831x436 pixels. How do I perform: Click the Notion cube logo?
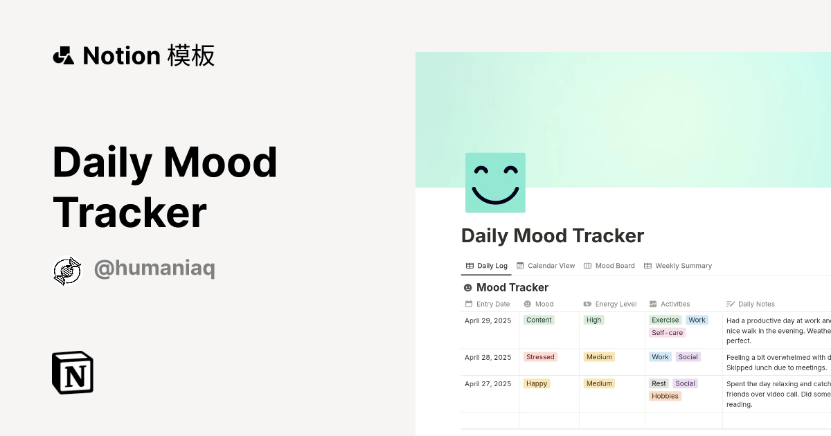click(73, 372)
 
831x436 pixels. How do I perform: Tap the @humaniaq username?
click(154, 269)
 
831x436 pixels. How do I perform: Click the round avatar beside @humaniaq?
click(67, 271)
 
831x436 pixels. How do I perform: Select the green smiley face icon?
click(495, 183)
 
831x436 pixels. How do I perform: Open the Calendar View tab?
click(546, 266)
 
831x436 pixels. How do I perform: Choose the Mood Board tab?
click(609, 266)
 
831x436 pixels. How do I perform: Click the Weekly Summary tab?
click(678, 266)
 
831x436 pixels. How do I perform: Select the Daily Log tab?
click(487, 266)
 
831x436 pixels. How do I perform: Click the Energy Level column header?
click(610, 304)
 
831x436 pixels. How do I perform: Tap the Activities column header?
click(670, 304)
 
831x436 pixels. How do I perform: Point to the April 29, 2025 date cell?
click(488, 320)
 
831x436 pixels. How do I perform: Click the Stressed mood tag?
click(540, 357)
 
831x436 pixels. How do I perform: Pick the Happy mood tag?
click(537, 383)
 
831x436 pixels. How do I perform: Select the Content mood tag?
click(539, 320)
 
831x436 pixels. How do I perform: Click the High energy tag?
click(593, 320)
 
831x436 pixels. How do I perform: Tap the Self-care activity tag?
click(667, 333)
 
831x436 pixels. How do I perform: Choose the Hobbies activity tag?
click(665, 397)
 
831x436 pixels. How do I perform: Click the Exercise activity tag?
click(665, 320)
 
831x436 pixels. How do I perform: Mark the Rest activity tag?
click(659, 383)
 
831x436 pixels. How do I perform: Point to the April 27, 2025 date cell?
click(488, 384)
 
